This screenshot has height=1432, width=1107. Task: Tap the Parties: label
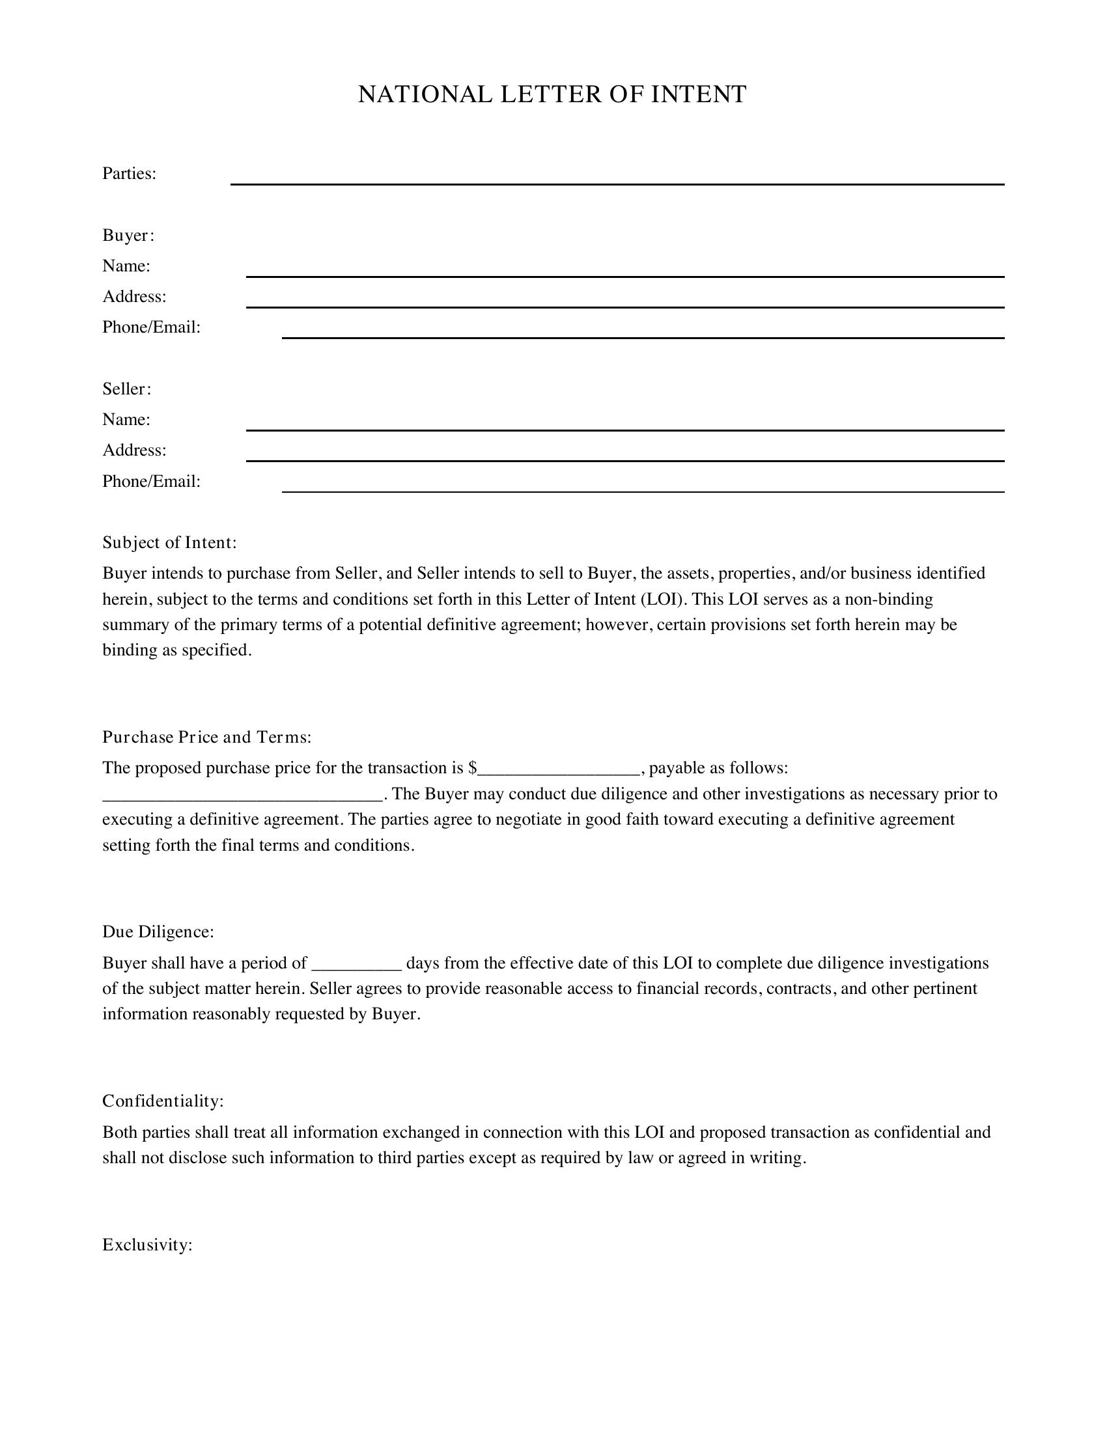click(x=129, y=174)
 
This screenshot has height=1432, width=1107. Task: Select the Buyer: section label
click(x=128, y=236)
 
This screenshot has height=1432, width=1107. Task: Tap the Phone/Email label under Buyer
click(x=151, y=327)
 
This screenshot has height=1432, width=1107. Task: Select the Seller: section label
click(x=126, y=389)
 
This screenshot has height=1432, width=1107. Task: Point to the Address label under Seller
click(x=133, y=450)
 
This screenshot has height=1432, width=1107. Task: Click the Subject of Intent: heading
click(x=169, y=543)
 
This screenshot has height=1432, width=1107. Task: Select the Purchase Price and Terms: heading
click(x=206, y=737)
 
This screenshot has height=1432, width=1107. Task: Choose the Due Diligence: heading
click(x=158, y=931)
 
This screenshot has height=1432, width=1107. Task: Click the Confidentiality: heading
click(x=163, y=1101)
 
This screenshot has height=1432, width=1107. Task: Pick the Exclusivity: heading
click(x=147, y=1245)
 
